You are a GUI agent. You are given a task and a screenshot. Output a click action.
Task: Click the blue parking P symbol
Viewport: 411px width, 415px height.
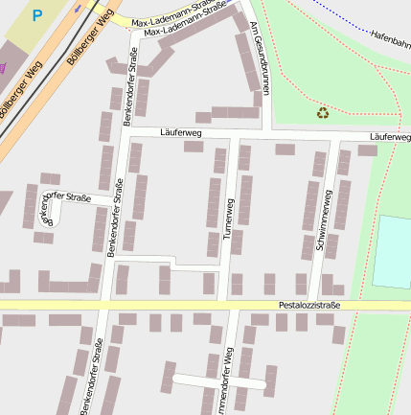pyautogui.click(x=37, y=15)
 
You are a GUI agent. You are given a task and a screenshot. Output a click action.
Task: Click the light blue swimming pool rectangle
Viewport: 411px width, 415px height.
pyautogui.click(x=393, y=251)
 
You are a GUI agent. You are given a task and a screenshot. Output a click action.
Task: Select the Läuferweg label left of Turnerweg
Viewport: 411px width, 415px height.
pyautogui.click(x=181, y=132)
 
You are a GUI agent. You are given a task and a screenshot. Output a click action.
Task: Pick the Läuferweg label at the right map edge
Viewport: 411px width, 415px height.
pyautogui.click(x=389, y=138)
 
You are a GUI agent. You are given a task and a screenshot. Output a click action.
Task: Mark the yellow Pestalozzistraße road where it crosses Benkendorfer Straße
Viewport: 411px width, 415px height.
pyautogui.click(x=106, y=305)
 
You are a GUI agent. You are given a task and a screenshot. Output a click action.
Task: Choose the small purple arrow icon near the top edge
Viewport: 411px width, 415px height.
pyautogui.click(x=78, y=6)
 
